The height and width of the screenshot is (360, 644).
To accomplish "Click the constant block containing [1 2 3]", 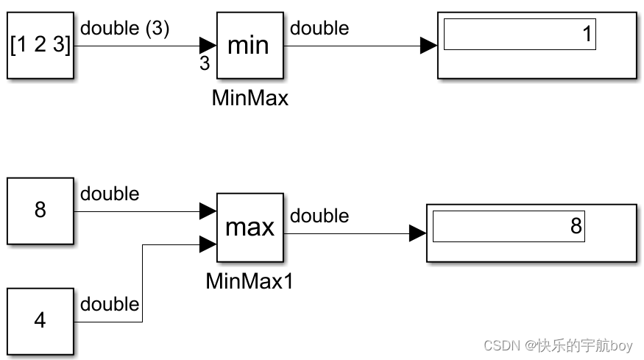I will pyautogui.click(x=40, y=46).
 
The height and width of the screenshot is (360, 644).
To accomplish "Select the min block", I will pyautogui.click(x=250, y=46).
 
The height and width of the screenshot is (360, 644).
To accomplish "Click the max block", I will pyautogui.click(x=250, y=227).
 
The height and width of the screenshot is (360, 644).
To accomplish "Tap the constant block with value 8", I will pyautogui.click(x=40, y=211).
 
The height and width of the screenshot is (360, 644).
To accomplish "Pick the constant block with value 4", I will pyautogui.click(x=40, y=321).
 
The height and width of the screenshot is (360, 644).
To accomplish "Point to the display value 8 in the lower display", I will pyautogui.click(x=576, y=226).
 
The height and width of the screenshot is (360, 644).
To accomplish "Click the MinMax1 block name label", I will pyautogui.click(x=250, y=280).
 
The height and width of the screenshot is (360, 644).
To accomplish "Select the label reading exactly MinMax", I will pyautogui.click(x=250, y=98).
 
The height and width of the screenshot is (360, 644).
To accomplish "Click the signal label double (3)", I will pyautogui.click(x=124, y=29).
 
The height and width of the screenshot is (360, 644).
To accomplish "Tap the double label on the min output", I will pyautogui.click(x=319, y=29).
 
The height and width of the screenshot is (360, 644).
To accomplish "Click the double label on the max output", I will pyautogui.click(x=319, y=216).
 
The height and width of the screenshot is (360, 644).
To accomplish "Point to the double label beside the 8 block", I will pyautogui.click(x=110, y=194).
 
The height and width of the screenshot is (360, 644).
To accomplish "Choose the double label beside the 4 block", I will pyautogui.click(x=110, y=304).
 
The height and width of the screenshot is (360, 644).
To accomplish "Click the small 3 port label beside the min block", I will pyautogui.click(x=205, y=64).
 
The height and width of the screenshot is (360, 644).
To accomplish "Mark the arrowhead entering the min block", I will pyautogui.click(x=208, y=46).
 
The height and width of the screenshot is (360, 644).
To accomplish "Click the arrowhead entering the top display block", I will pyautogui.click(x=429, y=46).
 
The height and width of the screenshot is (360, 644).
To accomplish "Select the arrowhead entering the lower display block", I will pyautogui.click(x=418, y=234).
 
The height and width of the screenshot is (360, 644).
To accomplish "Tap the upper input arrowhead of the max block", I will pyautogui.click(x=208, y=212).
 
